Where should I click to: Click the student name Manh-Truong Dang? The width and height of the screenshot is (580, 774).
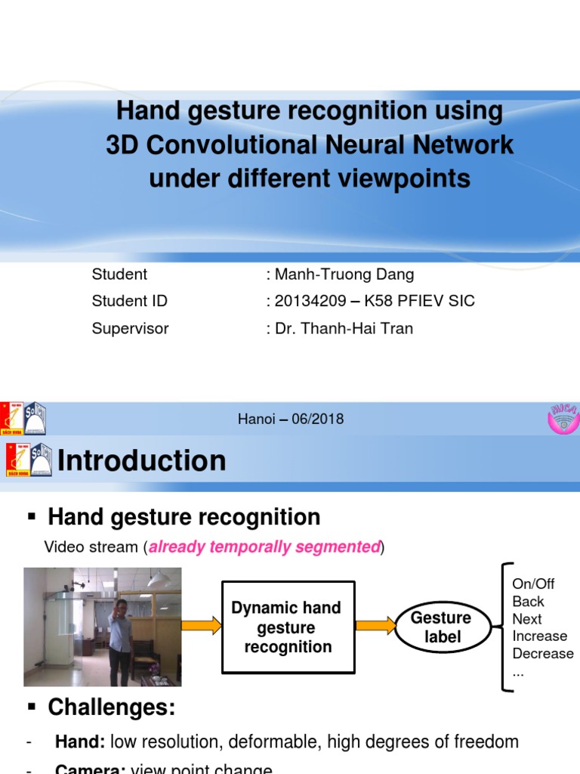344,274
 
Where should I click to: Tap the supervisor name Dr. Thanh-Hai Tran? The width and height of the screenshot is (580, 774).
344,328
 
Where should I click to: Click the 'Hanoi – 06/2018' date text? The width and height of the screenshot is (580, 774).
291,419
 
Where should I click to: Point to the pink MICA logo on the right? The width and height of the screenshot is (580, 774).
561,418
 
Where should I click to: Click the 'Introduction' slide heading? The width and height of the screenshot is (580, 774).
141,460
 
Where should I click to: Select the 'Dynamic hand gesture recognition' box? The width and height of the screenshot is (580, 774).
288,627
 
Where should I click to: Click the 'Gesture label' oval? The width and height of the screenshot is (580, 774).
442,627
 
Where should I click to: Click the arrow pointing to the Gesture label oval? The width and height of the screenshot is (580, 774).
376,625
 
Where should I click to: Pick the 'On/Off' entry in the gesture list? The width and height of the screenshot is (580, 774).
533,584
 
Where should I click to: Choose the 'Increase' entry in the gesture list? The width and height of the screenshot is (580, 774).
539,636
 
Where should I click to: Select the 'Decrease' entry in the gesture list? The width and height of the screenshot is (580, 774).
542,653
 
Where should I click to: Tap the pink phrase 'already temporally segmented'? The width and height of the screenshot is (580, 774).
264,547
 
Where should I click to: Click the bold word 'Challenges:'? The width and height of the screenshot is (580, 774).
111,707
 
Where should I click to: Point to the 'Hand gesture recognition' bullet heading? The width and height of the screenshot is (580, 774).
184,517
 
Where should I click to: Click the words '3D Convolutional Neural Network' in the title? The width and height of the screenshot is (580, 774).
310,144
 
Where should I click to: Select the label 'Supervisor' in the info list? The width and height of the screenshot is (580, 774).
130,328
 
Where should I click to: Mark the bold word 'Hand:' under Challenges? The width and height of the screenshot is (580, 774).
80,741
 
